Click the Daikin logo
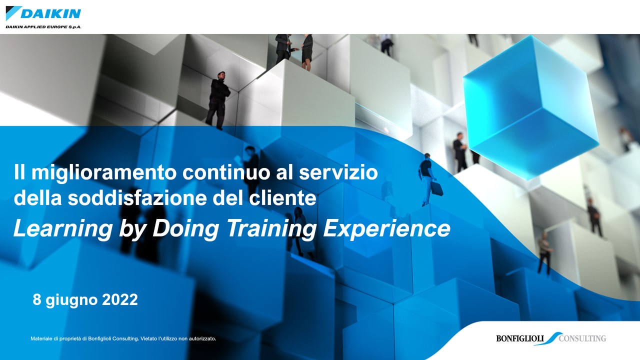coord(43,13)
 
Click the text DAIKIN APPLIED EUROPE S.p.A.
coord(43,26)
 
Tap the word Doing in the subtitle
coord(185,228)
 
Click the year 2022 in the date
coord(119,300)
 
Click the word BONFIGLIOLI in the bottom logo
coord(520,338)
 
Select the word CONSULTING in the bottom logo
coord(582,338)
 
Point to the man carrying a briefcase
coord(426,177)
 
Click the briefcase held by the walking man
coord(436,188)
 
